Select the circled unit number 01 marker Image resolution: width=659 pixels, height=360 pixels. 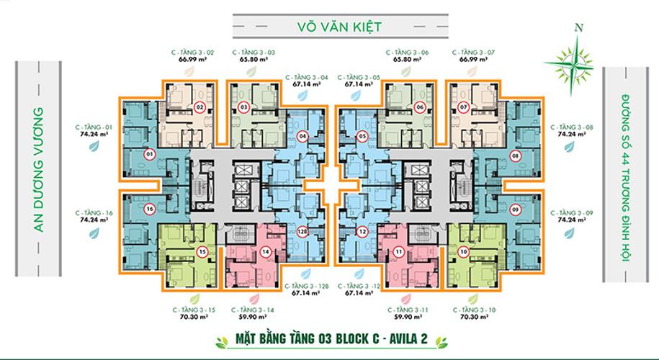149,154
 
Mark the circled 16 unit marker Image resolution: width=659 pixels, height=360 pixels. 149,210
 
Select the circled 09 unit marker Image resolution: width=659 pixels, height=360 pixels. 515,210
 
